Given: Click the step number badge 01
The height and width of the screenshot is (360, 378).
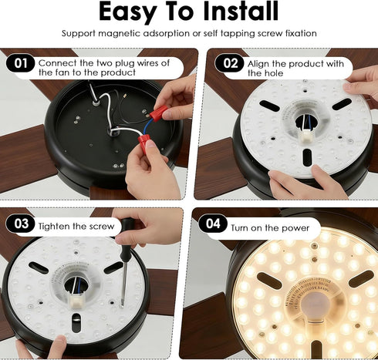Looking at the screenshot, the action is click(20, 63).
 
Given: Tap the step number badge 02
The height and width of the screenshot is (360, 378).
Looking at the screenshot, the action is click(230, 63).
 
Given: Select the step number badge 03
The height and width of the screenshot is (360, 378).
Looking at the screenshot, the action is click(21, 224).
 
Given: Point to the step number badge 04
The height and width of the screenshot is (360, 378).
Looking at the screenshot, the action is click(213, 224).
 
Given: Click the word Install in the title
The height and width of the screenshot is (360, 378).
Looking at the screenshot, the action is click(241, 12).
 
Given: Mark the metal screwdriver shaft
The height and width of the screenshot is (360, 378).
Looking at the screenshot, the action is click(124, 282).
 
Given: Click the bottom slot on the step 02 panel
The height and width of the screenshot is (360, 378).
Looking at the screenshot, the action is click(307, 157).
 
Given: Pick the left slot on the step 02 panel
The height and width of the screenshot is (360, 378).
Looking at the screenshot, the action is click(269, 106).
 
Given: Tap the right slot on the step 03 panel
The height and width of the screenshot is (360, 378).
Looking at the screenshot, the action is click(113, 267).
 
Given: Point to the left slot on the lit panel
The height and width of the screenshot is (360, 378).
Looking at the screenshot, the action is click(269, 280).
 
